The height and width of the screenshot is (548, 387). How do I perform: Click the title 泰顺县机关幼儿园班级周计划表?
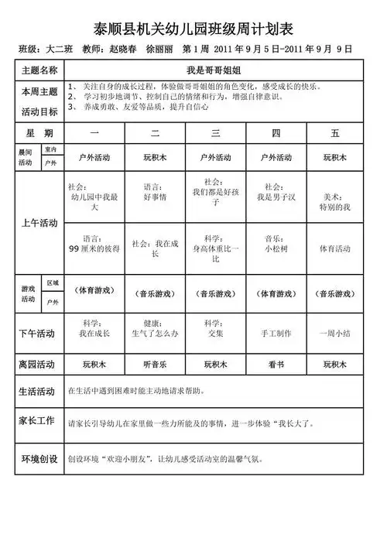coord(193,28)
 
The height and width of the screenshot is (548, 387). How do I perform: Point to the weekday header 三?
coord(215,134)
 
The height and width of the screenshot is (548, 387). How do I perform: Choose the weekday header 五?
coord(335,134)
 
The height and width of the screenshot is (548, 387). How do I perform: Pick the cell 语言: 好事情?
coord(156,192)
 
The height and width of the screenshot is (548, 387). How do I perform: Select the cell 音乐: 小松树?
coord(276,245)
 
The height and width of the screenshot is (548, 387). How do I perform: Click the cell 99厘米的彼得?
coord(94,250)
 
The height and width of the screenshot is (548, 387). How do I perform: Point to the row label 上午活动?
coord(39,223)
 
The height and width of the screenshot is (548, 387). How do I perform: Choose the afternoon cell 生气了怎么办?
coord(156,334)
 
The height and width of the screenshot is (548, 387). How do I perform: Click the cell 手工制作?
coord(276,334)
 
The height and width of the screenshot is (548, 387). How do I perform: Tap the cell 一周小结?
coord(335,334)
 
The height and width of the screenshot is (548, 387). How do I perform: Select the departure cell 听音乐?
coord(156,364)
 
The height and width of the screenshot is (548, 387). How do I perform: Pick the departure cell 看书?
coord(276,364)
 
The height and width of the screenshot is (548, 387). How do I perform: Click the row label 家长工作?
coord(36,421)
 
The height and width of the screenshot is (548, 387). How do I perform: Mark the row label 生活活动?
coord(36,392)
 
